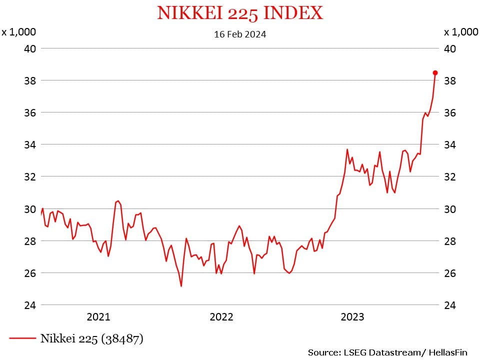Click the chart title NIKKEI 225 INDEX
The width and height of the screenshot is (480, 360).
click(240, 13)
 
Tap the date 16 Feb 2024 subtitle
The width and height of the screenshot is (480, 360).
click(240, 34)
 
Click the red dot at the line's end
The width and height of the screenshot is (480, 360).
click(435, 73)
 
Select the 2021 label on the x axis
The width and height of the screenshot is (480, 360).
click(98, 317)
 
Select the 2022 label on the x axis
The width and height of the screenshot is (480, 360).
click(221, 317)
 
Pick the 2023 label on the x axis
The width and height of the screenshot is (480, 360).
click(352, 317)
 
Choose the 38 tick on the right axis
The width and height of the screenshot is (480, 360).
click(450, 80)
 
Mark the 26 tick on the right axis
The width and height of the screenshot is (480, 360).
click(450, 273)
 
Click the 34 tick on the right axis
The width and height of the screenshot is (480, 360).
click(450, 144)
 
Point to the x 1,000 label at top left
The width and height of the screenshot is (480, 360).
click(19, 32)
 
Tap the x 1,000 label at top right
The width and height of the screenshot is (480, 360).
click(461, 32)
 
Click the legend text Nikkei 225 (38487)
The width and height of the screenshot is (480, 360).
click(92, 338)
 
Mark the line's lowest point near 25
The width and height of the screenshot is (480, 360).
click(181, 286)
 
